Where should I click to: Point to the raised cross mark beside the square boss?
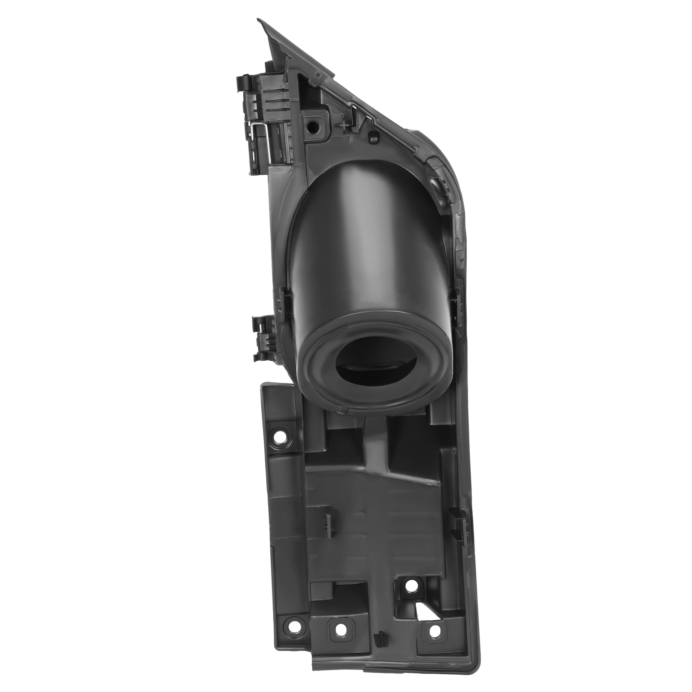344,125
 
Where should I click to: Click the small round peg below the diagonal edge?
372,138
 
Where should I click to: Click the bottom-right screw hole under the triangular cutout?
433,631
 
